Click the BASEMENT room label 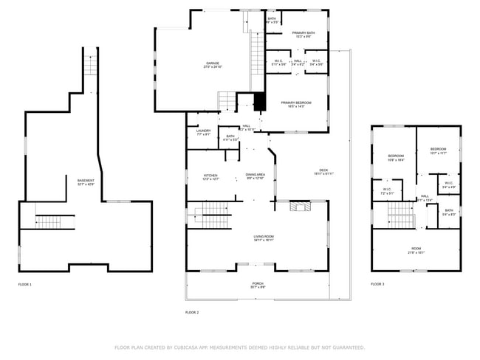pyautogui.click(x=86, y=181)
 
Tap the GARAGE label pyautogui.click(x=213, y=63)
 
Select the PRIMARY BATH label pyautogui.click(x=304, y=33)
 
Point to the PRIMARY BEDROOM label pyautogui.click(x=296, y=103)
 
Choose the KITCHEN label pyautogui.click(x=210, y=176)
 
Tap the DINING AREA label pyautogui.click(x=255, y=176)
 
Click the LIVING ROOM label pyautogui.click(x=264, y=237)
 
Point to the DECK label pyautogui.click(x=323, y=170)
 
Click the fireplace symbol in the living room pyautogui.click(x=298, y=209)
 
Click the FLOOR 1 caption pyautogui.click(x=25, y=284)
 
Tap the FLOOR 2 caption pyautogui.click(x=192, y=312)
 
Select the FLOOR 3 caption pyautogui.click(x=377, y=284)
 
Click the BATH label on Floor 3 pyautogui.click(x=449, y=212)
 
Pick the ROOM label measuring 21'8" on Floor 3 pyautogui.click(x=416, y=249)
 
